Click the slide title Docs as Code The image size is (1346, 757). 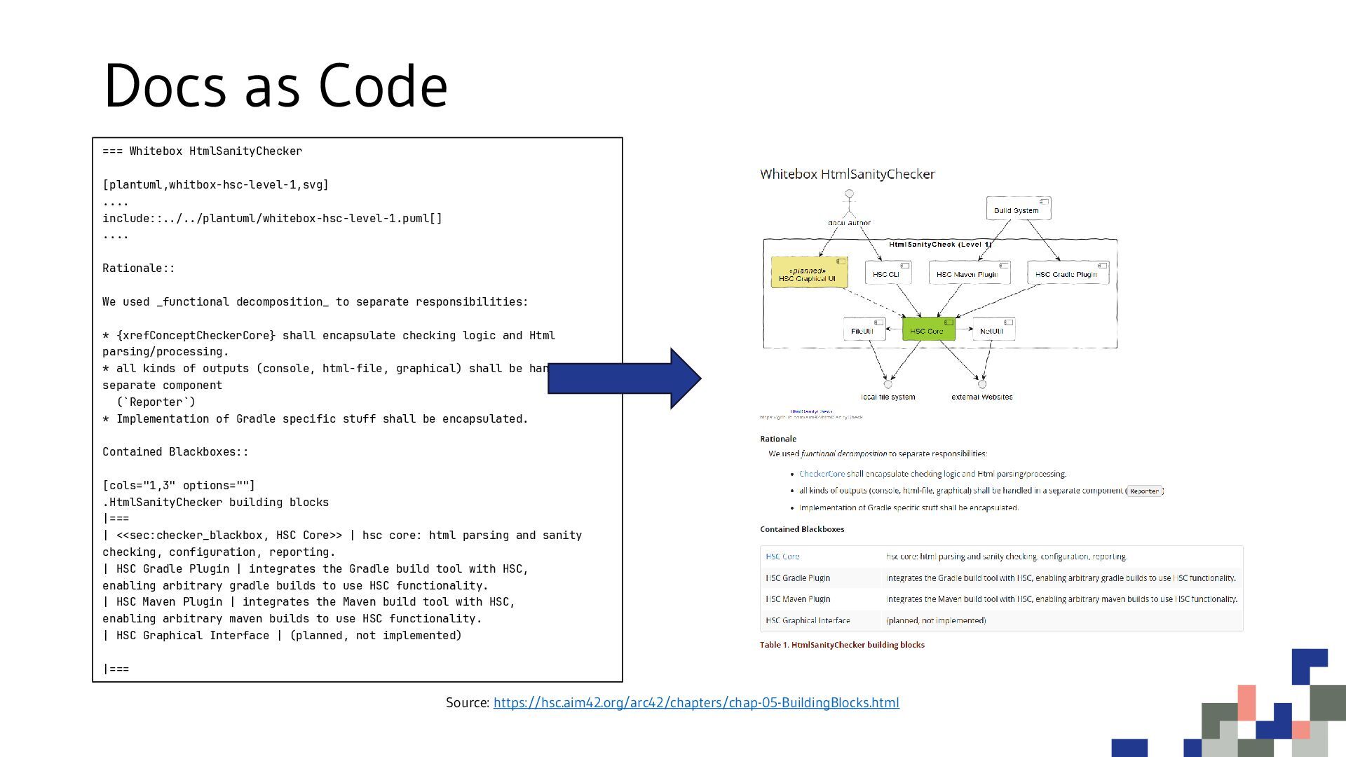276,86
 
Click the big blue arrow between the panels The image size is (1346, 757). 623,378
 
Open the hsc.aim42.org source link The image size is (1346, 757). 695,702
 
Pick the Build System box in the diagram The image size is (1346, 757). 1018,209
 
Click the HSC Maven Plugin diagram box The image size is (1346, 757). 968,273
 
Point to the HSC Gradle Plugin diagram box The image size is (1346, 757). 1067,273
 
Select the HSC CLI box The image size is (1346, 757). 888,273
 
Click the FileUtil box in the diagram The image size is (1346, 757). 863,330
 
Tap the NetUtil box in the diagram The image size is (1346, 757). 993,330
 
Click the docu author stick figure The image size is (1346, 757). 849,203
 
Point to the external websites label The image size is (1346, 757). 981,397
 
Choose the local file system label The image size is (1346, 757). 888,397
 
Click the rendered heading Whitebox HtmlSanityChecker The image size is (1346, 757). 847,174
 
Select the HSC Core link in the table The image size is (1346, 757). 782,557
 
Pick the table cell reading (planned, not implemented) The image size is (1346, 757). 936,620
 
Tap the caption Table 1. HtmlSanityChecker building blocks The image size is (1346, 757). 842,645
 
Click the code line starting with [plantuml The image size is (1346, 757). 215,185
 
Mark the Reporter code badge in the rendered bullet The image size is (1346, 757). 1144,491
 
